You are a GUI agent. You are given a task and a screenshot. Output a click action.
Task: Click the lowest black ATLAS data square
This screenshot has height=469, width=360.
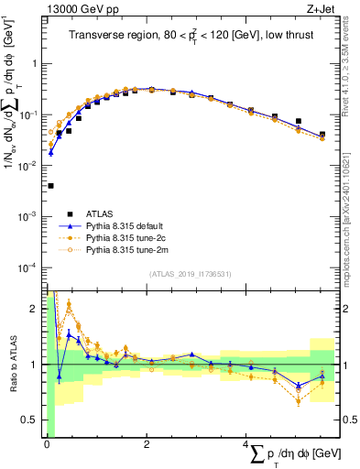(50, 186)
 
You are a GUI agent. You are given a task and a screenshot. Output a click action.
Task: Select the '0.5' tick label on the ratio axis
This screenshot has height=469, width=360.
(34, 420)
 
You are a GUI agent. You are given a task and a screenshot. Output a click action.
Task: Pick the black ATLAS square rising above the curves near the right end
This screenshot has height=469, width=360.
(299, 121)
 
